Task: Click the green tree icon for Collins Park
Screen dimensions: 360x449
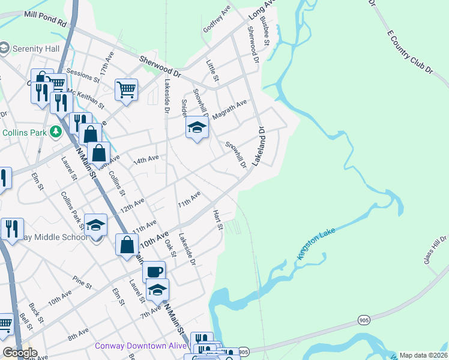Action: tap(55, 131)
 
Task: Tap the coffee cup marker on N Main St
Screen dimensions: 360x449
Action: tap(154, 271)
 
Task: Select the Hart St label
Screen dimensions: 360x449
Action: tap(218, 220)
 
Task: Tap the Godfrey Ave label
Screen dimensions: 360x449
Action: tap(217, 19)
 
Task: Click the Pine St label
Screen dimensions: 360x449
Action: tap(78, 280)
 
